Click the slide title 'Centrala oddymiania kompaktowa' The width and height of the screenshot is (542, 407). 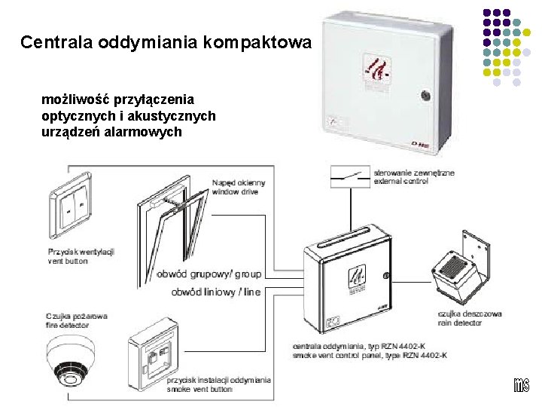click(x=165, y=42)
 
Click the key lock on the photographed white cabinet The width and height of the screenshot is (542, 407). click(x=425, y=96)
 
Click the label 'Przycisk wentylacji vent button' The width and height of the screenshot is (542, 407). click(x=81, y=256)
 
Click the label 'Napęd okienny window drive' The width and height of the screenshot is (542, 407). click(x=239, y=187)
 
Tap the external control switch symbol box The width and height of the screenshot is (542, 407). click(x=349, y=176)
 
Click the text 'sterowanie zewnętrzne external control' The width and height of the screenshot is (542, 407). click(x=414, y=176)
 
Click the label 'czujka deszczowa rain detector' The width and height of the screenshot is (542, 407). click(x=470, y=318)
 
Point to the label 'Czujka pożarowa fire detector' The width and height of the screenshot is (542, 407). click(x=77, y=320)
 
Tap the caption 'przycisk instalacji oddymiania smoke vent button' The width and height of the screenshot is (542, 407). click(x=219, y=384)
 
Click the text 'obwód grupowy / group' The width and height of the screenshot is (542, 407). click(x=209, y=274)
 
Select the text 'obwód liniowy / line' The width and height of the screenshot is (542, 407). click(x=216, y=292)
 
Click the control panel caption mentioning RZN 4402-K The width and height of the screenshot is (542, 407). click(x=370, y=350)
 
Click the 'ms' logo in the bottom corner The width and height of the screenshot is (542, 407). click(x=522, y=384)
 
